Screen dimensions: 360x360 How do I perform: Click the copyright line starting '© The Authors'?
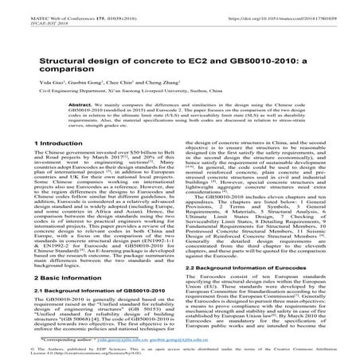(x=48, y=348)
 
